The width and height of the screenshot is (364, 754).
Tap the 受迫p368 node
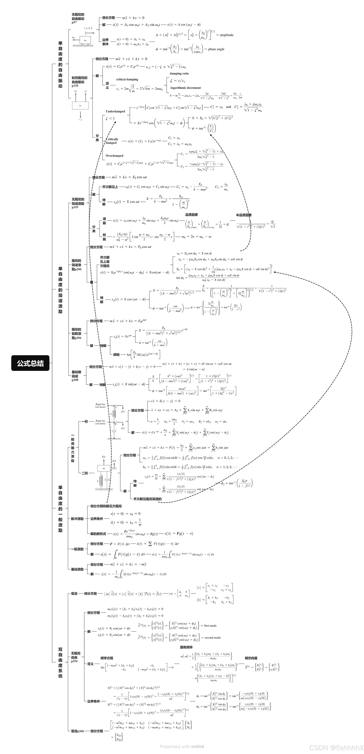tap(77, 731)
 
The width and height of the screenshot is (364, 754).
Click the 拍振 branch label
tap(104, 237)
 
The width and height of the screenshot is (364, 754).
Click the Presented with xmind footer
tap(182, 746)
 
